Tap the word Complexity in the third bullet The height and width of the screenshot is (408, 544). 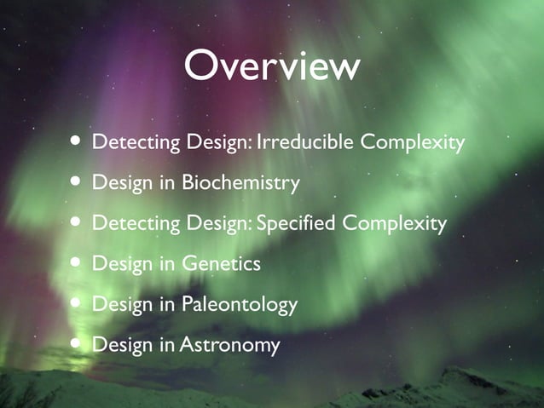point(394,224)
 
